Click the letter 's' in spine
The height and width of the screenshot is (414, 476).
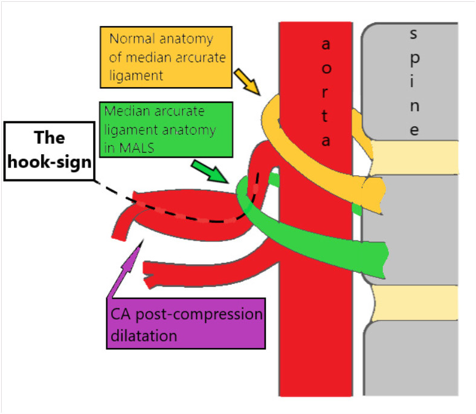click(x=413, y=34)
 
